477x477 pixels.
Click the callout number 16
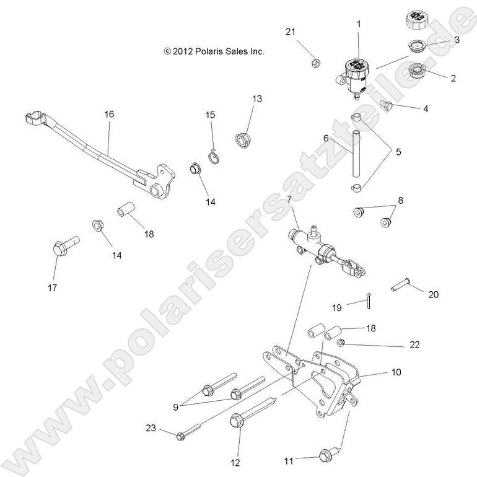tap(109, 115)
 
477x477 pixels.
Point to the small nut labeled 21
tap(315, 62)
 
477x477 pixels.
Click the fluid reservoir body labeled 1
tap(356, 74)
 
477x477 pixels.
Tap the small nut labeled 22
tap(340, 343)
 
